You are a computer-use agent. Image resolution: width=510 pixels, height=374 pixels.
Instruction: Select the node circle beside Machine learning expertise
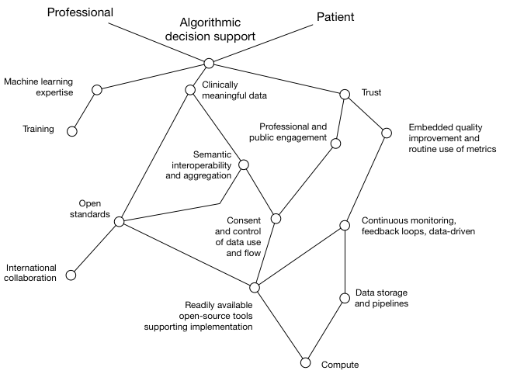96,90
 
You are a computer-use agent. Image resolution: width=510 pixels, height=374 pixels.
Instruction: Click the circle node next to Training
72,131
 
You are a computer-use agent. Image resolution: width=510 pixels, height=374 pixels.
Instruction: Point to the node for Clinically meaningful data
190,90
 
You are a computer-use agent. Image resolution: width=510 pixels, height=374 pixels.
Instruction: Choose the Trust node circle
345,95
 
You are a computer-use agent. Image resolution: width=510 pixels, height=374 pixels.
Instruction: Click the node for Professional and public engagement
335,143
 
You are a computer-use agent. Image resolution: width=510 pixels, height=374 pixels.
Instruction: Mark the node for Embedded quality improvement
387,133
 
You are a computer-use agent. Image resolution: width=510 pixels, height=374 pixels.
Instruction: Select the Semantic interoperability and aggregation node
244,164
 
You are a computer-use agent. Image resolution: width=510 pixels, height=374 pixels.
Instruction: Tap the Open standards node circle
119,222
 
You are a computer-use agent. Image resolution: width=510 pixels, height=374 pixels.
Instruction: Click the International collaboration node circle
71,275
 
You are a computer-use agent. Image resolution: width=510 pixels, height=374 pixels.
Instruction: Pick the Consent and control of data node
276,218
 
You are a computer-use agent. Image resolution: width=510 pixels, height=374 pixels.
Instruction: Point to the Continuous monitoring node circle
345,227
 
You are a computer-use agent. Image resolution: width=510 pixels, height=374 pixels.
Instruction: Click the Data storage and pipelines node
345,297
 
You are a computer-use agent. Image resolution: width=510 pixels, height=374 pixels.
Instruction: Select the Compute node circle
306,362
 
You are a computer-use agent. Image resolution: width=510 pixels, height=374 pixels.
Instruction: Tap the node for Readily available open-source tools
254,288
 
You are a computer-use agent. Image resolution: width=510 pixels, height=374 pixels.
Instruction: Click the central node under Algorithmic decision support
208,63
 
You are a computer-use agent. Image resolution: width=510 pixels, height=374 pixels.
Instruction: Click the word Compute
340,364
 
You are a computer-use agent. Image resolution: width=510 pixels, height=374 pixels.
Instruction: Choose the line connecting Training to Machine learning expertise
84,111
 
